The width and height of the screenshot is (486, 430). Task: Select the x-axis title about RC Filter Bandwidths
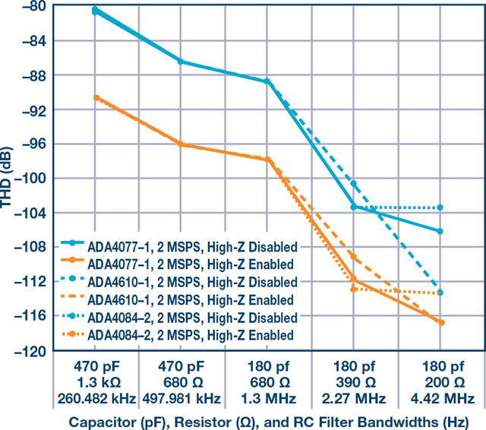point(266,422)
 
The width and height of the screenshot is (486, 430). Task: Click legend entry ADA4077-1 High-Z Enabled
point(190,264)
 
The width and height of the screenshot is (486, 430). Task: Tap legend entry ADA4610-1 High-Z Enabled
point(190,299)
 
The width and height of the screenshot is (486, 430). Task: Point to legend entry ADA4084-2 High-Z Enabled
point(190,334)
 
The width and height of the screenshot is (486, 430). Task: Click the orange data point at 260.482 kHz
point(95,97)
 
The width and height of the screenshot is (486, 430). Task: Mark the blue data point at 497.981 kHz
point(181,61)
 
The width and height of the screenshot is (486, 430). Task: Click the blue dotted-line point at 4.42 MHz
point(440,207)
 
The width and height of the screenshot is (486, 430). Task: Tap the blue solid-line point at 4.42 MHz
point(440,231)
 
